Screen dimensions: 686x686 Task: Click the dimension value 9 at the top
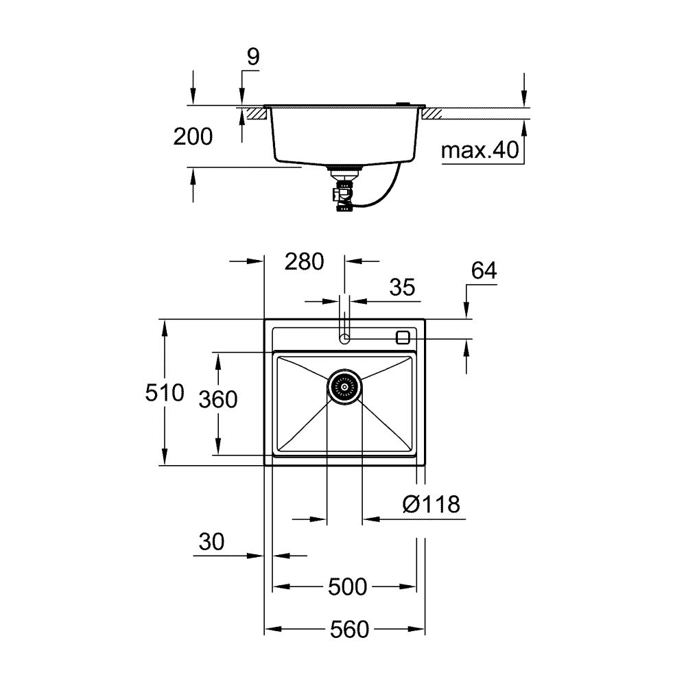253,57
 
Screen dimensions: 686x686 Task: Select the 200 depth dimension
193,137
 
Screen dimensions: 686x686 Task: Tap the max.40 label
480,150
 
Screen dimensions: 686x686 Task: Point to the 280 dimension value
304,261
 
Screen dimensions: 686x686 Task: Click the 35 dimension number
402,287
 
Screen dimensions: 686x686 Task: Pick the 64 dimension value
484,271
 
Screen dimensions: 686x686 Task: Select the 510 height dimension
165,393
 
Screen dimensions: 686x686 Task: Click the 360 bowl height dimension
217,399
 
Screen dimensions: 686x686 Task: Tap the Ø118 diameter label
431,505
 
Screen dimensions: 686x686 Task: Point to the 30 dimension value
212,542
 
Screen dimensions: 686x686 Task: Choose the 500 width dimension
347,587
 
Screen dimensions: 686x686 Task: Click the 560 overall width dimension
348,629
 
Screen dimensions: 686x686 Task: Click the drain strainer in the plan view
344,387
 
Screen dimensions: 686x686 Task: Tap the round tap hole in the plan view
345,338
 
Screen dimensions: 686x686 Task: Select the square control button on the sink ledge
403,337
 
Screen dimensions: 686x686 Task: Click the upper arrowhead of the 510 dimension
165,327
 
